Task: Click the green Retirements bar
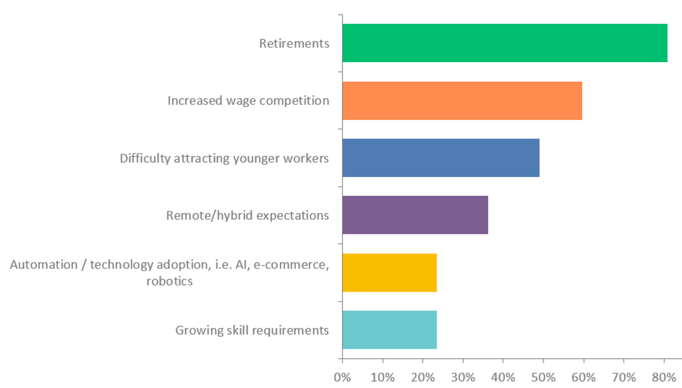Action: point(504,43)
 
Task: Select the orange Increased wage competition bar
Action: point(462,101)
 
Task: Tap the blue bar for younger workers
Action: point(441,158)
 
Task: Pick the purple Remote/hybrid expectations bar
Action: point(415,215)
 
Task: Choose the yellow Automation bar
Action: point(390,272)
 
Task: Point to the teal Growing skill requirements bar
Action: point(390,329)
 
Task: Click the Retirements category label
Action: point(294,43)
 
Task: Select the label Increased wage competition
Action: point(248,101)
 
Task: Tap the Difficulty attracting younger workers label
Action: point(224,158)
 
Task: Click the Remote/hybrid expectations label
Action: point(248,215)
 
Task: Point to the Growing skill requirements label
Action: point(252,330)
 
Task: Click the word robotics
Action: point(169,281)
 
